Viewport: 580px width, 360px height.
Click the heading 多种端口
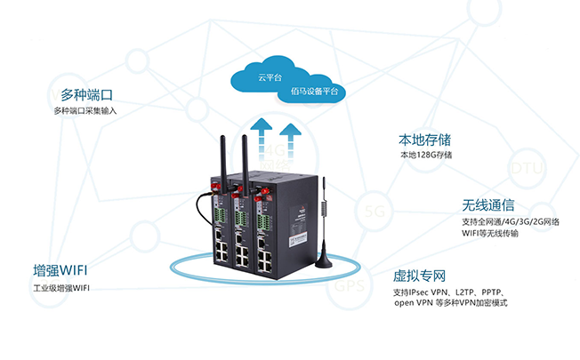pyautogui.click(x=88, y=94)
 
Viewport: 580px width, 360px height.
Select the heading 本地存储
pyautogui.click(x=424, y=140)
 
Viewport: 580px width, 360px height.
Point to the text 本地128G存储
pyautogui.click(x=426, y=156)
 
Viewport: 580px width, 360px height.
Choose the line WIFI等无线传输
pyautogui.click(x=488, y=234)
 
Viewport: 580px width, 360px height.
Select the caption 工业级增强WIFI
pyautogui.click(x=61, y=288)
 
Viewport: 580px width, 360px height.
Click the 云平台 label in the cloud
pyautogui.click(x=270, y=78)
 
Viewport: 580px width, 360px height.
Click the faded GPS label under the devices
pyautogui.click(x=344, y=288)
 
